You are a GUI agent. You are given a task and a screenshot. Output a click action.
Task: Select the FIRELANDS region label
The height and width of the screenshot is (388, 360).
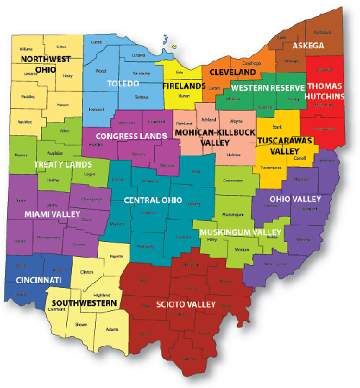tap(184, 86)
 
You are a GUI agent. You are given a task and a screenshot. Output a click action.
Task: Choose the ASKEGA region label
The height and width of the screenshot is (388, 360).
tap(308, 45)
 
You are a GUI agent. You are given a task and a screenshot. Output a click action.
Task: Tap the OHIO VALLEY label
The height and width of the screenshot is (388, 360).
tap(290, 199)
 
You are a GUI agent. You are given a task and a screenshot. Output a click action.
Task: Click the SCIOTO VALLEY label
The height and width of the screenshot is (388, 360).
tap(186, 305)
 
